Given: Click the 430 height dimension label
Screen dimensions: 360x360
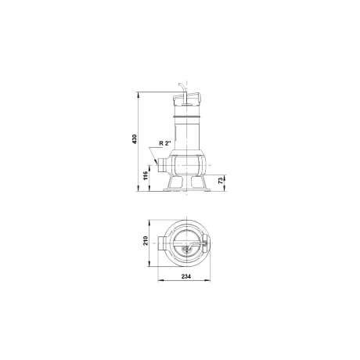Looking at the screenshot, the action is coord(135,139).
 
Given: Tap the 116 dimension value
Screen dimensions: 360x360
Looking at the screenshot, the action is coord(146,175).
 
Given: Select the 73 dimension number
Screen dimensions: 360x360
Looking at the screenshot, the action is coord(221,181).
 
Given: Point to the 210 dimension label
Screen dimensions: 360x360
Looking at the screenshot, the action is coord(146,240).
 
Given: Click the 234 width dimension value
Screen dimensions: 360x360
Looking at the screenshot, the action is coord(186,276).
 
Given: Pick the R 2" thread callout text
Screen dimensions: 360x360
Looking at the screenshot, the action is coord(165,143).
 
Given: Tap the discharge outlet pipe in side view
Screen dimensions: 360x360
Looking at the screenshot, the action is coord(163,165).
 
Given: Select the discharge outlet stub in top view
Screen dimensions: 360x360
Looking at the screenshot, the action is coord(162,243).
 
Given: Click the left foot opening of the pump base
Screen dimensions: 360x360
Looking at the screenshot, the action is coord(177,182).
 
